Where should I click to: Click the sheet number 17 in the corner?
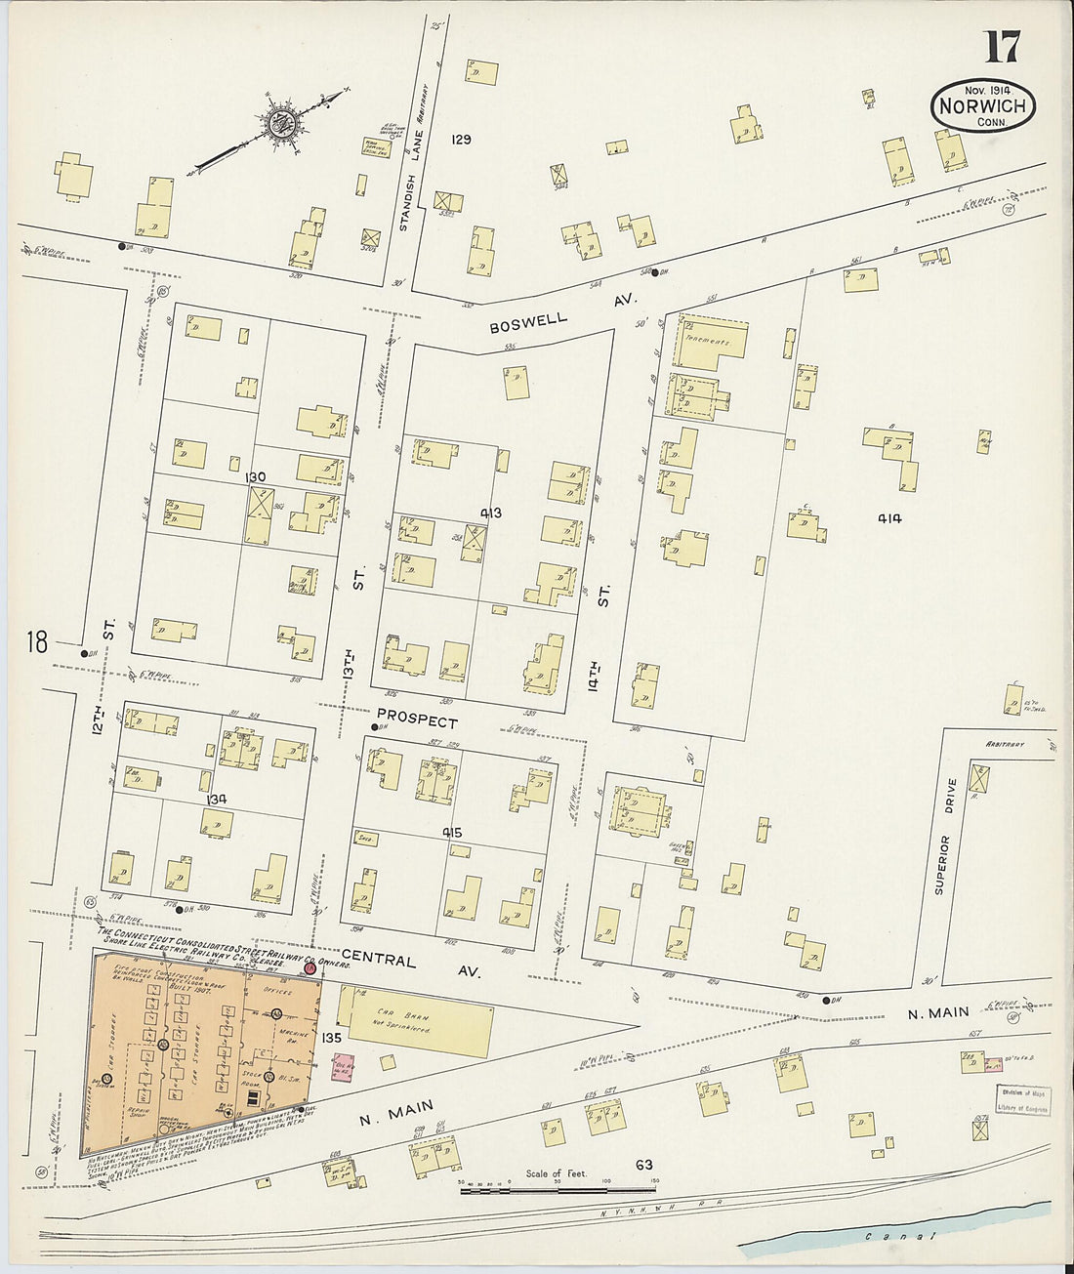point(1002,47)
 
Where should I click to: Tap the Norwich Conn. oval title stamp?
point(982,106)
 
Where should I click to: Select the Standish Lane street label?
point(410,205)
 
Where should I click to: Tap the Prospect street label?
point(418,721)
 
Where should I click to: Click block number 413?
point(490,512)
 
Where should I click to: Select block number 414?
point(888,518)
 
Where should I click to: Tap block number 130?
point(256,476)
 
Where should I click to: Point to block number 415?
point(451,833)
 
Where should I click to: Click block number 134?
point(216,799)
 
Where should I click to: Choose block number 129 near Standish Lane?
point(461,140)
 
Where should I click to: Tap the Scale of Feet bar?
point(557,1189)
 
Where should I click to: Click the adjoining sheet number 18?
point(37,642)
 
